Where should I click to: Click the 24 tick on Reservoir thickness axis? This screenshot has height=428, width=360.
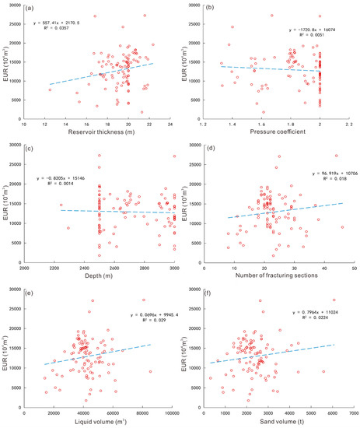pyautogui.click(x=170, y=123)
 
